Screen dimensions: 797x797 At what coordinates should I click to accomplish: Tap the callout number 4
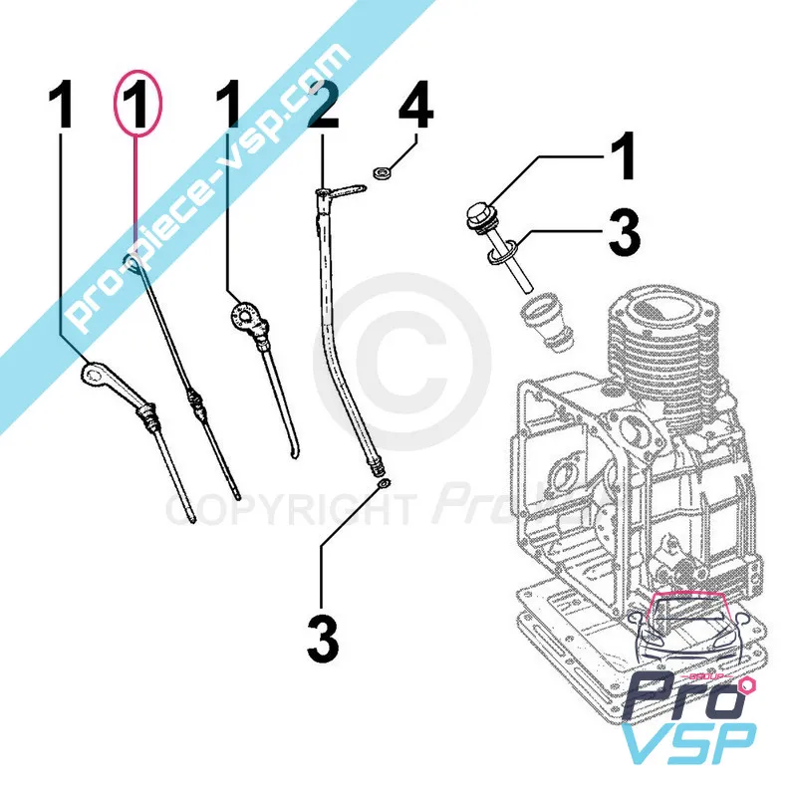coord(416,108)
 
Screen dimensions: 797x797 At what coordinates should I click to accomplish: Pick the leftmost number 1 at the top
coord(62,108)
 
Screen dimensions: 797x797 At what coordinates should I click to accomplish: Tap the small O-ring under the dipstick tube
coord(384,485)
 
